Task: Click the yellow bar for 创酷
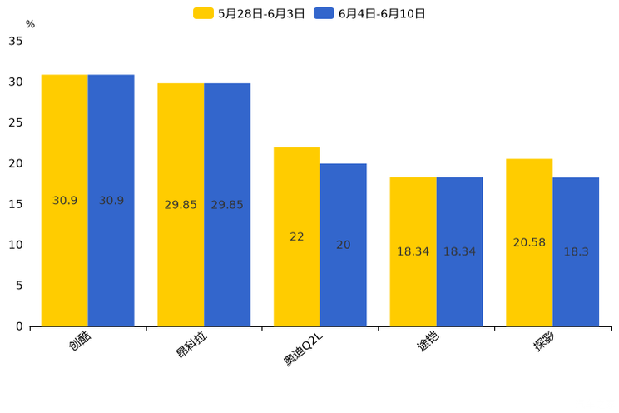coord(65,201)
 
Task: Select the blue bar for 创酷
coord(111,201)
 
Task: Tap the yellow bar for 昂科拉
coord(181,205)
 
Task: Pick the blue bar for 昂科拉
coord(227,205)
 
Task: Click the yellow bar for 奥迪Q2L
coord(297,236)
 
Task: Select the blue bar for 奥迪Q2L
coord(343,245)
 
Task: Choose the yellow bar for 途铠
coord(413,251)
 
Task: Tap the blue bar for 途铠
coord(459,251)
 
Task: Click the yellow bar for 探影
coord(529,242)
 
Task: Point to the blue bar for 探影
coord(576,251)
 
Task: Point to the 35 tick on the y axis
coord(16,41)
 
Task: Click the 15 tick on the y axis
coord(16,204)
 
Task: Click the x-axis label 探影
coord(545,342)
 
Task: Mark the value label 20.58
coord(529,242)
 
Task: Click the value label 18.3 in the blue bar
coord(576,251)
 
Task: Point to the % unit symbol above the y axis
coord(30,24)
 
